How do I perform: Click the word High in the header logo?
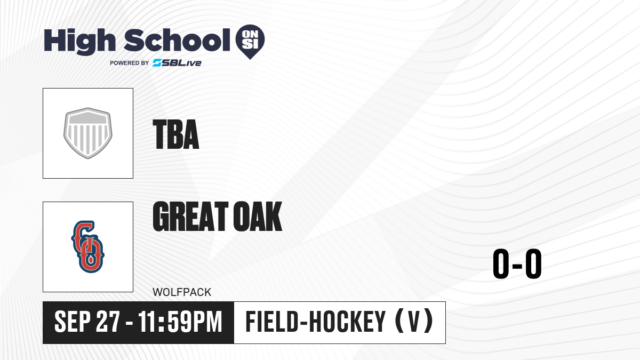(79, 42)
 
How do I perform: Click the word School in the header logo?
(177, 40)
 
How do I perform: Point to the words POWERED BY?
(130, 63)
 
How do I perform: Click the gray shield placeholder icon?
(87, 133)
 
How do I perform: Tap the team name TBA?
(175, 134)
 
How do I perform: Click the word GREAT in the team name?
(190, 216)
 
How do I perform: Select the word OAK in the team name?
(258, 216)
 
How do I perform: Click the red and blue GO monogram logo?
(87, 247)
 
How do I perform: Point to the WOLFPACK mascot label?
(182, 292)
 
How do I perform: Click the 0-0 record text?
(517, 263)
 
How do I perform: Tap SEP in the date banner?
(73, 322)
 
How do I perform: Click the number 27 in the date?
(108, 322)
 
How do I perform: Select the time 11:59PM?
(180, 322)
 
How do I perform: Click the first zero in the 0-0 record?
(501, 263)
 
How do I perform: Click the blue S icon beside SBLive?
(157, 63)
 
